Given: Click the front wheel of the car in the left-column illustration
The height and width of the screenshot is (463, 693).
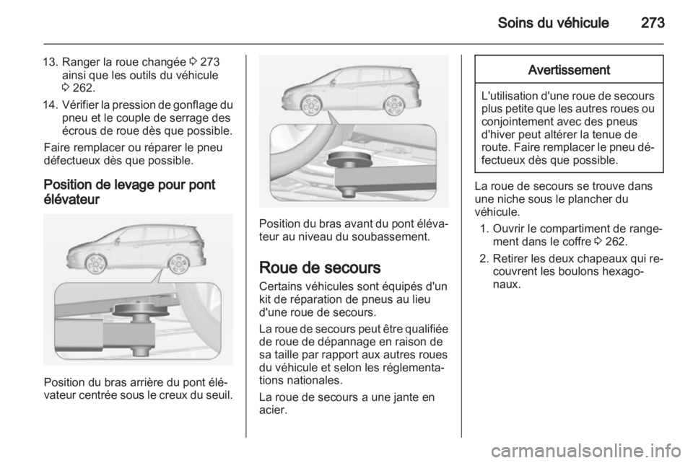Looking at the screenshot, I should point(95,265).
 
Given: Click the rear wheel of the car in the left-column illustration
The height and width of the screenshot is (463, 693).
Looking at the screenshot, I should point(176,265).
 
